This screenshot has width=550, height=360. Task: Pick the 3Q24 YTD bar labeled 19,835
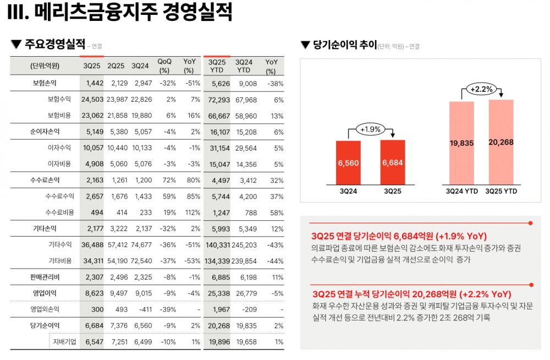461,143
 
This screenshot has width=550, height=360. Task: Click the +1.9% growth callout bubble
370,130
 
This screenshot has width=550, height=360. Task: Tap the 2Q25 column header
116,66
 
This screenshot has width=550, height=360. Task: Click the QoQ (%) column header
164,66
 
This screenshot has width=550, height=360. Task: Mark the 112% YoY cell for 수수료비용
189,212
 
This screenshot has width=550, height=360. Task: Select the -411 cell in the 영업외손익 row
140,310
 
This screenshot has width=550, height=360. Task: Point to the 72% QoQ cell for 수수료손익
164,180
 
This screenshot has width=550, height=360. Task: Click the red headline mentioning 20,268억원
411,293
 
